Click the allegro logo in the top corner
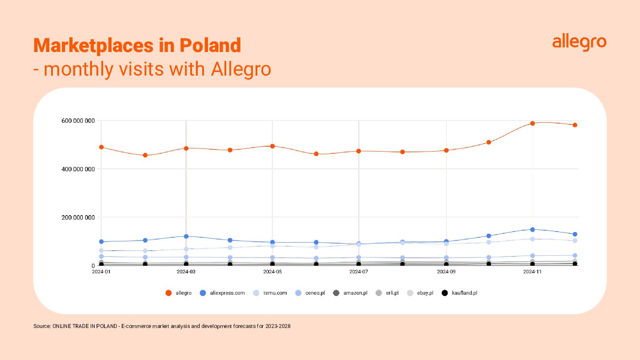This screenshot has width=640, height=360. pos(579,43)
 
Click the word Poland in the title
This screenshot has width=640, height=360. pos(210,45)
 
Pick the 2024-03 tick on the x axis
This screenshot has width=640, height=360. pos(186,271)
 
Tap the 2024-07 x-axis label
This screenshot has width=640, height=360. pos(359,271)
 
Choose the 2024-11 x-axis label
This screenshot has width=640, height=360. pos(532,271)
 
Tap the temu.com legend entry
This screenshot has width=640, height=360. pos(270,293)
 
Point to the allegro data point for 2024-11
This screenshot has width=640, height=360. pos(532,123)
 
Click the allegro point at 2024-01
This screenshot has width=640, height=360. pos(101,147)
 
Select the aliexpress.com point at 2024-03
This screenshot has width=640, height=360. pos(186,236)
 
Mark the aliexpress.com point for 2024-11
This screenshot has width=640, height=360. pos(532,229)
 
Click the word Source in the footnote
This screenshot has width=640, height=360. pos(42,326)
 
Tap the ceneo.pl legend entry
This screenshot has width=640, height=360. pos(310,293)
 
